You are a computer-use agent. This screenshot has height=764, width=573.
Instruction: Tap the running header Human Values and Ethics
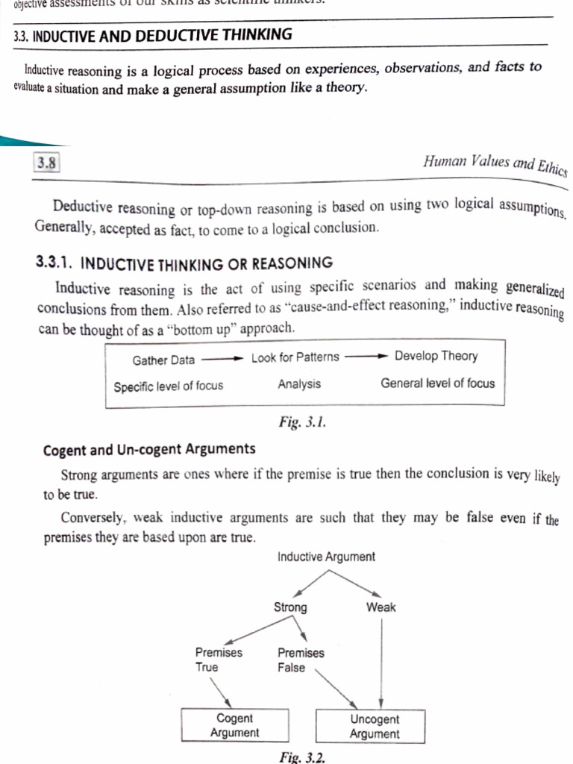point(494,165)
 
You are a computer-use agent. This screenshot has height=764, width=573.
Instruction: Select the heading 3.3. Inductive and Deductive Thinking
point(153,35)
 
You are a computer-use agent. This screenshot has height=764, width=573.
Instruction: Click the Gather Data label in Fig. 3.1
point(163,360)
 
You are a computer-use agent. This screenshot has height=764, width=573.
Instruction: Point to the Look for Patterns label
point(295,357)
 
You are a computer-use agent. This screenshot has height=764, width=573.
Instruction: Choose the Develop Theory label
point(436,356)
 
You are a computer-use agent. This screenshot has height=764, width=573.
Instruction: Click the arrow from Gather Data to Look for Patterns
point(222,359)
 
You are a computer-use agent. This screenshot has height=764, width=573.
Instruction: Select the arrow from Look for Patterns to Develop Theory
point(366,357)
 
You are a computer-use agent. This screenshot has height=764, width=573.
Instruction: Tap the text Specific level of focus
point(168,386)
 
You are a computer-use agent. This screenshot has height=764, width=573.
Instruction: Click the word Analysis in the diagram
point(299,384)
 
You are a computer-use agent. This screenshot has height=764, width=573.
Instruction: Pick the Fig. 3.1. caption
point(302,423)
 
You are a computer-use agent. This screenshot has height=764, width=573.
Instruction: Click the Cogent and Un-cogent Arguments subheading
point(149,450)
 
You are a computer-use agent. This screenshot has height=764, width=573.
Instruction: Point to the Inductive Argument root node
point(326,557)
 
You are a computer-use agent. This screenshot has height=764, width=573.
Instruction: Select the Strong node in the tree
point(290,607)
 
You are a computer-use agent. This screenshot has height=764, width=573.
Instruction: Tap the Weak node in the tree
point(381,607)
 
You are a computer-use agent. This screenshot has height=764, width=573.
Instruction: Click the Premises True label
point(219,660)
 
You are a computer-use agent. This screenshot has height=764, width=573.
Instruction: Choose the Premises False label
point(301,660)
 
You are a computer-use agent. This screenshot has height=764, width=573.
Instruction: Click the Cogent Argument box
point(234,725)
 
